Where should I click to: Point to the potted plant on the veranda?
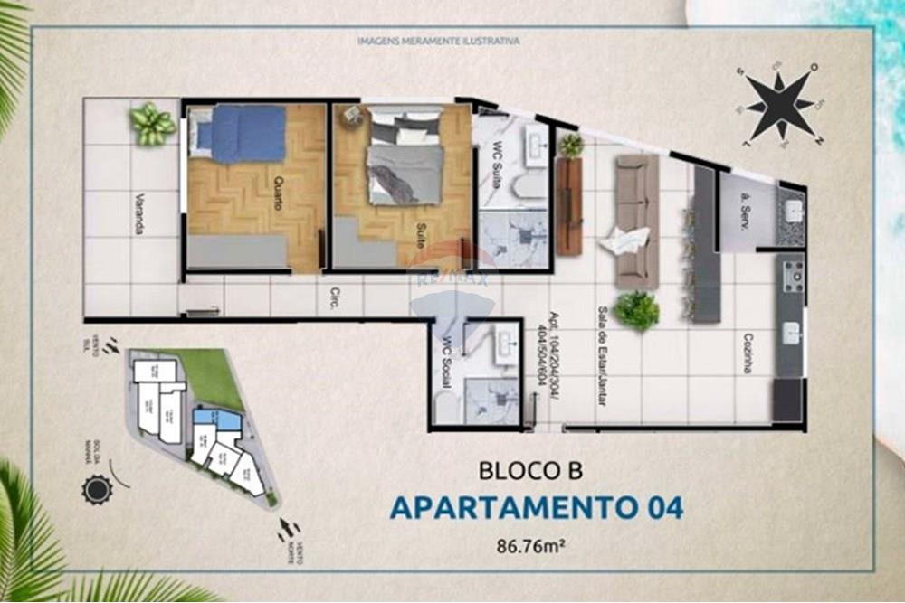(152, 123)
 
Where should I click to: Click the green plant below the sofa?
(636, 310)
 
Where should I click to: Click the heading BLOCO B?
(530, 471)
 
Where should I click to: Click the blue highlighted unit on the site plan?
(219, 419)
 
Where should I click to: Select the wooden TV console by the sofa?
(568, 206)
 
